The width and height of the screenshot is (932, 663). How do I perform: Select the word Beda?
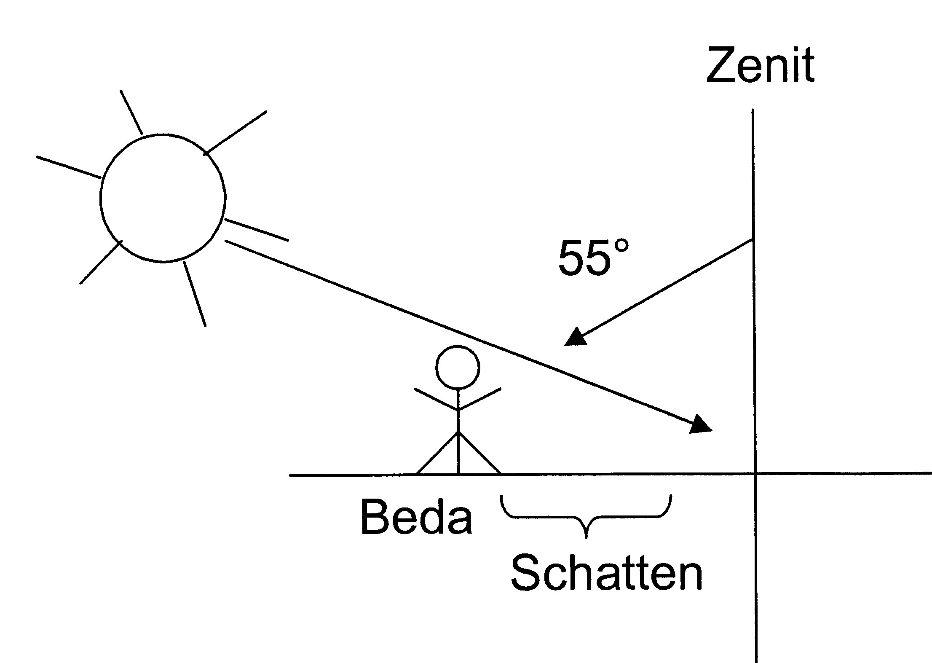(x=416, y=517)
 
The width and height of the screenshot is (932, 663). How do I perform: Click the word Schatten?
(x=607, y=573)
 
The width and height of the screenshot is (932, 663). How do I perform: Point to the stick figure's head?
(x=458, y=367)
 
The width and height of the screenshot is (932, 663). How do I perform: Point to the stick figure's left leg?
(x=437, y=453)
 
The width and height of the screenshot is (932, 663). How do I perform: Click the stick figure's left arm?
(x=437, y=399)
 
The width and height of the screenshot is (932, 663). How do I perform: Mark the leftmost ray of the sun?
(x=69, y=167)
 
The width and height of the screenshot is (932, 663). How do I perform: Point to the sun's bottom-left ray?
(x=101, y=262)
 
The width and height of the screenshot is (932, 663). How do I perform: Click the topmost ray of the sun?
(x=131, y=112)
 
